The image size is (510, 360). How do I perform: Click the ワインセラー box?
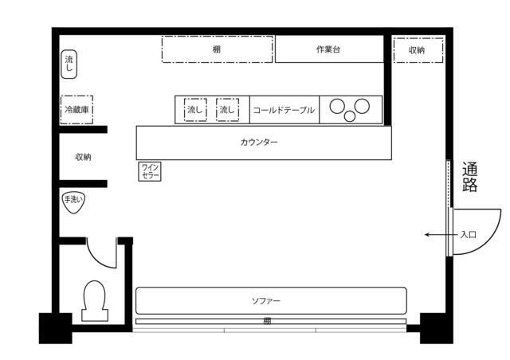150,171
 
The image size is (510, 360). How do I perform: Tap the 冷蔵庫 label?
76,110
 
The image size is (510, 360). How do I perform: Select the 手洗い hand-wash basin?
73,202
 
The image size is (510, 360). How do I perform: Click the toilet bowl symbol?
94,301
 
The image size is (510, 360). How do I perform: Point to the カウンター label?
259,143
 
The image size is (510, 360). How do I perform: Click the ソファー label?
266,301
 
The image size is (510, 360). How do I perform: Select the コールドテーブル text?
284,110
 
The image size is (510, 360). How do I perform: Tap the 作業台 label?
328,49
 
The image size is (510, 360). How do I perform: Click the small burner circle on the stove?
350,116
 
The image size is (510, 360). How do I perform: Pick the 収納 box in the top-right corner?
418,50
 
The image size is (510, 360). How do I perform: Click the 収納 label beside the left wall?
83,157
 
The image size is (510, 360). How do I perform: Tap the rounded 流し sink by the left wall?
69,65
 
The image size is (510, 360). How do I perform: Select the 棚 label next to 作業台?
217,49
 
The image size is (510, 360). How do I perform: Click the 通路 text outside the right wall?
469,177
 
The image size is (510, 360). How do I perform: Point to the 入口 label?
469,234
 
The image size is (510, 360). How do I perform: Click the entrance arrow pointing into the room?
441,234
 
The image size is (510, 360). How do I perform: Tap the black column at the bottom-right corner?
437,328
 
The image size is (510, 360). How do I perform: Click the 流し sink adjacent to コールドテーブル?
227,110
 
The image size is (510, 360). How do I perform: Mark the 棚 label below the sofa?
267,321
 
